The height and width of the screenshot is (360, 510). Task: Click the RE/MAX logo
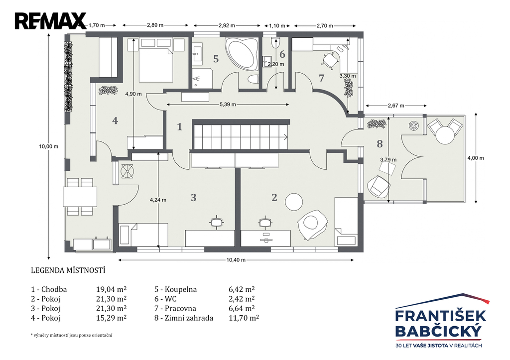(x=50, y=21)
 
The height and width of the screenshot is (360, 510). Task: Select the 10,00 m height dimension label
(x=49, y=146)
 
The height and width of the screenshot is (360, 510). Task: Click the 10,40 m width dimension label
(x=236, y=260)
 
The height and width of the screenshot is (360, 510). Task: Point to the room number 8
(x=380, y=143)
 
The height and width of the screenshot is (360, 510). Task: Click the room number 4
(x=115, y=120)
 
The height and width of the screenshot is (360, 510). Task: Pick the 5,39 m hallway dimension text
(x=228, y=105)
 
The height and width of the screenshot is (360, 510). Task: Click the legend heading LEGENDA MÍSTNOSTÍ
(x=68, y=270)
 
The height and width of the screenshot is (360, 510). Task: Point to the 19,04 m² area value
(x=111, y=289)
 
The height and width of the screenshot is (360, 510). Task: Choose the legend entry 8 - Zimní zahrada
(x=184, y=318)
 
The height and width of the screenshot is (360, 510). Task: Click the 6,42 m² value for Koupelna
(x=242, y=289)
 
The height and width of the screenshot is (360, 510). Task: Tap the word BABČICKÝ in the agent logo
(x=438, y=332)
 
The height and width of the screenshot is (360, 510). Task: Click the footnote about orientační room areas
(x=71, y=335)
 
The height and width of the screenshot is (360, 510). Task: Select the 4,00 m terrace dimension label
(x=476, y=158)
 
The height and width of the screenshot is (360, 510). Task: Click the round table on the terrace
(x=445, y=135)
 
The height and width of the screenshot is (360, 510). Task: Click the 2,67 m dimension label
(x=396, y=106)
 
